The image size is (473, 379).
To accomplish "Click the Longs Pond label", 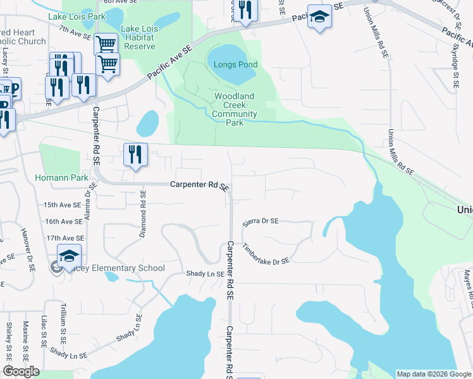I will coord(235,64).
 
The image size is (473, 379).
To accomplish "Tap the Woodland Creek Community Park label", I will coord(234,109).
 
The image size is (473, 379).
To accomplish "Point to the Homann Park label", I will coord(61,178).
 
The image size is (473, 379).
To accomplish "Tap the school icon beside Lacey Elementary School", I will coord(69,256).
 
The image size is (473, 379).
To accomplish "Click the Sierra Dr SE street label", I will coord(261,221).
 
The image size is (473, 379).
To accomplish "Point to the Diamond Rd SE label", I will coord(143,214).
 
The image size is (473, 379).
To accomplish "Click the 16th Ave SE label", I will coord(63,222).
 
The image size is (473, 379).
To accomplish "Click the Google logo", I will coord(21,371).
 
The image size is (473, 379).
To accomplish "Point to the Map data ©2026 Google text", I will coord(433,374).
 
